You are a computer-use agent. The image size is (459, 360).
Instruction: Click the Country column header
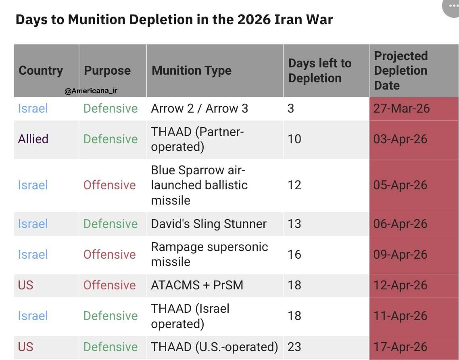point(41,71)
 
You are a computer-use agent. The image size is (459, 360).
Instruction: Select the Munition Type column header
point(192,71)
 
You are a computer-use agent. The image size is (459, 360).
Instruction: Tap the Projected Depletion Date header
point(401,71)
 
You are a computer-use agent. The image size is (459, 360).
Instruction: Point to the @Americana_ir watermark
point(91,91)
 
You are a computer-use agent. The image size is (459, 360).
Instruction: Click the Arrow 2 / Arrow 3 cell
point(199,108)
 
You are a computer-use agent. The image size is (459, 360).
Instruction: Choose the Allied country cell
point(33,139)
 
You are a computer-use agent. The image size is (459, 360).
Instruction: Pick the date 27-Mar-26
point(401,108)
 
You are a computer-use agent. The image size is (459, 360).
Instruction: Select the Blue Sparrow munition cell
point(199,185)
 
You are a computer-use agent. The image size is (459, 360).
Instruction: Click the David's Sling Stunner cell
point(209,224)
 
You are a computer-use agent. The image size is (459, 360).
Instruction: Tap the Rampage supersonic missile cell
point(209,254)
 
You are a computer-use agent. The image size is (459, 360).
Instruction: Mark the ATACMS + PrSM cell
point(197,285)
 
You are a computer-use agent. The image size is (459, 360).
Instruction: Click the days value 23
point(294,347)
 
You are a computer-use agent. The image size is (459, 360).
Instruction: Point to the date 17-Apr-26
point(400,347)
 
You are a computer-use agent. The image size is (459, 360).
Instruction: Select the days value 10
point(294,139)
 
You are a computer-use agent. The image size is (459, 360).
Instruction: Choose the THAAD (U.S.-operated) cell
point(214,347)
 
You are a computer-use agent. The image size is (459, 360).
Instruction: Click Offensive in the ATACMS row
point(109,285)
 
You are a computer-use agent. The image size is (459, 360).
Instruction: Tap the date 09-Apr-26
point(400,254)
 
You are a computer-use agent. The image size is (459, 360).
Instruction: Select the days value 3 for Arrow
point(291,108)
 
